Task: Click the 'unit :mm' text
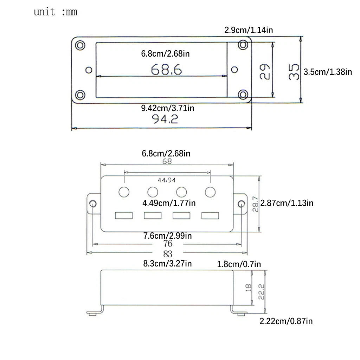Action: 55,12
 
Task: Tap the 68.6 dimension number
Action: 166,69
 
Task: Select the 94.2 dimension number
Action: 165,119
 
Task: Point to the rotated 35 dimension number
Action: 294,72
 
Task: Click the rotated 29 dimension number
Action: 265,72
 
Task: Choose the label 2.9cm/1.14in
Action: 249,30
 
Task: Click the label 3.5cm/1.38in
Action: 328,72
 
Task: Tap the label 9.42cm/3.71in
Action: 168,108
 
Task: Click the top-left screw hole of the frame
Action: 80,45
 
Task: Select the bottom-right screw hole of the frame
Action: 243,95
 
